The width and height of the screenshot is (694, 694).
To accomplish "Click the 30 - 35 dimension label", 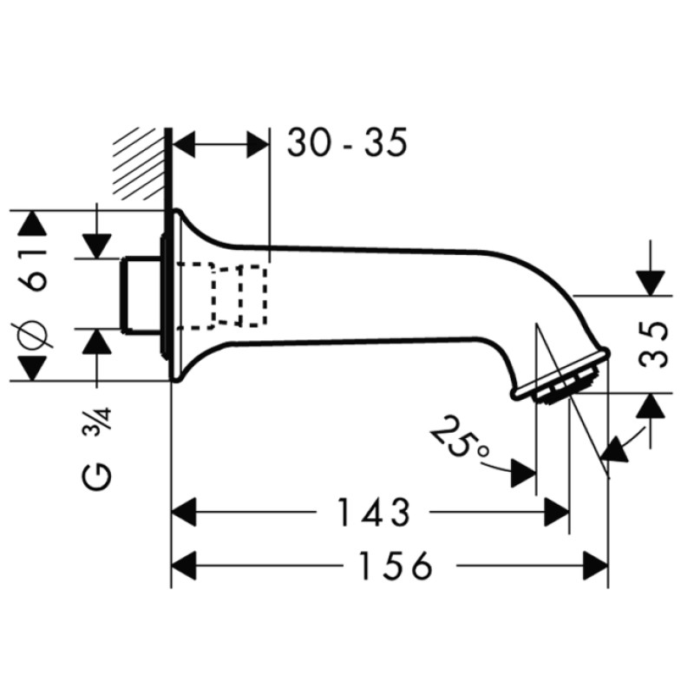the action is coord(347,142).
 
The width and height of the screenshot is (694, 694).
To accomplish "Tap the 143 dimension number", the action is coord(373,513).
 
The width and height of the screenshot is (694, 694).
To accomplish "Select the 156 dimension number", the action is coord(396,566).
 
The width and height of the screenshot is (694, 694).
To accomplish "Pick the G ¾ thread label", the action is coord(96,450).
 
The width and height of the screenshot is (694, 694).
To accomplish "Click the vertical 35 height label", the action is coord(653,344).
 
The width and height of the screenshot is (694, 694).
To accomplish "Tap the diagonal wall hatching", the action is coord(139,164).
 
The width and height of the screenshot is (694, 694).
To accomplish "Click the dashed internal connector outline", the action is coord(222,296).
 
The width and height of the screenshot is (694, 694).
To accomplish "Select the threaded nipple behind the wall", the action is coord(141,294).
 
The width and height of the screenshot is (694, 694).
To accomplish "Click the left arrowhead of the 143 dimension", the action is coord(184,512).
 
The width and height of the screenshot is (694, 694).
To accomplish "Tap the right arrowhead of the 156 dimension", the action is coord(596,566).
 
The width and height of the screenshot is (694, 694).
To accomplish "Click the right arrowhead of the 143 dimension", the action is coord(556,512).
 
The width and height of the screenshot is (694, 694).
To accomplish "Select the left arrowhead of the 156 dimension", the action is coord(184,566).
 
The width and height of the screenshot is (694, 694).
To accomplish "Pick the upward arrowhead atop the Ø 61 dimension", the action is coord(31,224).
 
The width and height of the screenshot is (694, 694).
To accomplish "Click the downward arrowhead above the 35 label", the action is coord(650,284).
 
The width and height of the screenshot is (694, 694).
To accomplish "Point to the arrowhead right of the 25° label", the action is coord(524,473).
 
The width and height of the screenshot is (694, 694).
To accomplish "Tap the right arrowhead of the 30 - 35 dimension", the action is coord(258,144).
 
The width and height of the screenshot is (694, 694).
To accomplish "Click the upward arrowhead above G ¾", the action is coord(96,342).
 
